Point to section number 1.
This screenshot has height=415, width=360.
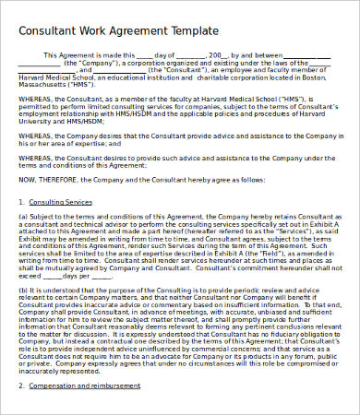(x=21, y=200)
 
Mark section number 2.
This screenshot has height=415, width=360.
(x=21, y=400)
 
